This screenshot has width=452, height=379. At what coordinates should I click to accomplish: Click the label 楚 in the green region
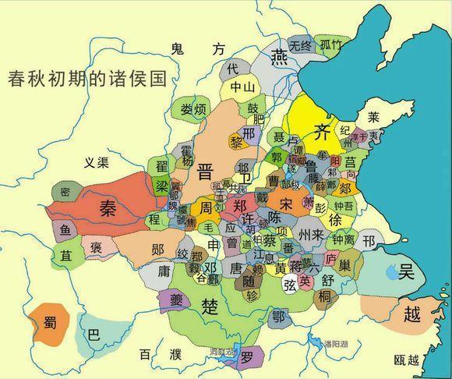tap(210, 303)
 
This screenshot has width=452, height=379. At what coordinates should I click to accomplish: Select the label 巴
tap(94, 336)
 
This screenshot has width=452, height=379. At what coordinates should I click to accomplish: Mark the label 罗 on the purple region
tap(246, 360)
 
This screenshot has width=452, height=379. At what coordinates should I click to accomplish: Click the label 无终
tap(300, 44)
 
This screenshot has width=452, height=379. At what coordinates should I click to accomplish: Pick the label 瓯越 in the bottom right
tap(406, 360)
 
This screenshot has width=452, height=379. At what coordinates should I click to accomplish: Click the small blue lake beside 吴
tap(390, 272)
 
